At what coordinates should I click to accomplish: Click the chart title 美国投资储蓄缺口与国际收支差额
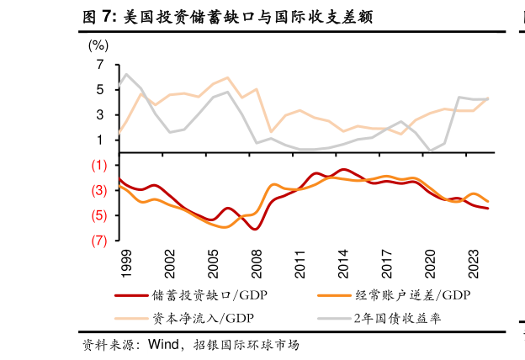tap(226, 16)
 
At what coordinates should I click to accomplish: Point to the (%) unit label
tap(98, 46)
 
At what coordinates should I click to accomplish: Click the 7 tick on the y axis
tap(100, 65)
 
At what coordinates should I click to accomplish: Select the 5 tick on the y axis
tap(100, 90)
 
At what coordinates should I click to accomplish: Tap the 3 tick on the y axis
tap(100, 115)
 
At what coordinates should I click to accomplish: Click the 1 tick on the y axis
tap(100, 140)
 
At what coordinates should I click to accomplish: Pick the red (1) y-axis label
tap(98, 166)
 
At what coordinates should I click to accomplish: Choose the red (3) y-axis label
tap(98, 191)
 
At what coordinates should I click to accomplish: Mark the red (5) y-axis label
tap(98, 216)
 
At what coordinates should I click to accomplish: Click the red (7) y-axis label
tap(98, 241)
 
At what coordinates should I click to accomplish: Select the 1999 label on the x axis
tap(127, 264)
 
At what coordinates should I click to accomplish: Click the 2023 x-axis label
tap(475, 264)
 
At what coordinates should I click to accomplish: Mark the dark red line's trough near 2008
tap(255, 229)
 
